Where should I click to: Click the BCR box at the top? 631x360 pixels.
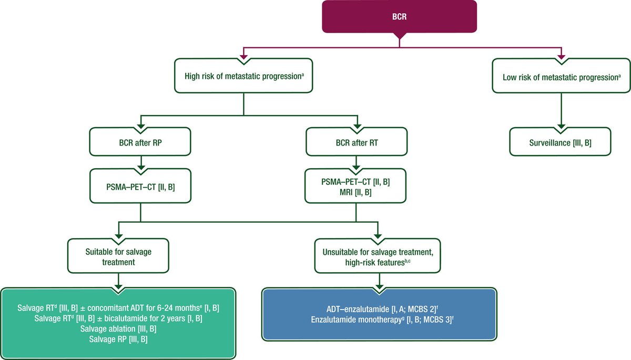[400, 16]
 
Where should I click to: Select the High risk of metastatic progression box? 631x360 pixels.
[244, 76]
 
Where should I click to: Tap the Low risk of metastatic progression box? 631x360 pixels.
[561, 76]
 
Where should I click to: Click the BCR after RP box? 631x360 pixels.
[140, 141]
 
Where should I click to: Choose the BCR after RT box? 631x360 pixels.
[357, 141]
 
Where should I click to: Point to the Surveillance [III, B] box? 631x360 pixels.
[561, 141]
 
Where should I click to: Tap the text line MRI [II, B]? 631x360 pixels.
[357, 192]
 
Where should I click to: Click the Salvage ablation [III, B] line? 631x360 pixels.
[118, 328]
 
